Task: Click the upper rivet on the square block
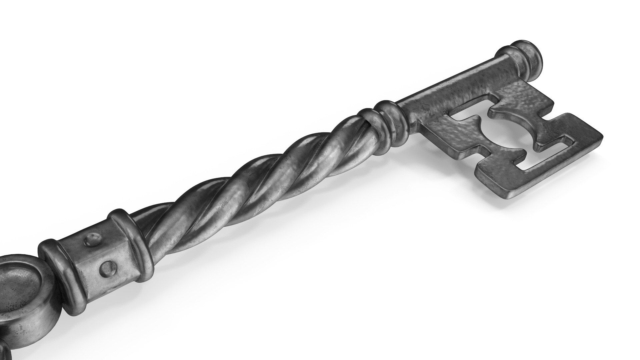click(x=93, y=240)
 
